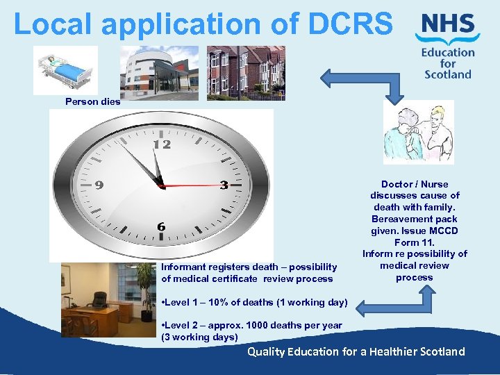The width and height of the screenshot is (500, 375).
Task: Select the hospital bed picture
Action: (x=65, y=70)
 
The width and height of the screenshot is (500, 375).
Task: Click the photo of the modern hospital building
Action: (x=159, y=72)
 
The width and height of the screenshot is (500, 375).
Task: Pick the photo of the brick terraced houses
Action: (x=246, y=72)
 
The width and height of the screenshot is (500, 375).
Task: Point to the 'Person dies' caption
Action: (x=92, y=101)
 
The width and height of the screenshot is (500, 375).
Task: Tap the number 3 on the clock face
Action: (x=224, y=185)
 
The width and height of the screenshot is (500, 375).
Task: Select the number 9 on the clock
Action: (x=99, y=185)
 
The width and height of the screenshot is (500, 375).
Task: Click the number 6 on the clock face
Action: (x=161, y=227)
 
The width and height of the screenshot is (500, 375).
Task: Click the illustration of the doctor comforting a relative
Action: (x=418, y=132)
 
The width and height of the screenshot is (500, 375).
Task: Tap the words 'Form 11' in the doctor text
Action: (x=414, y=242)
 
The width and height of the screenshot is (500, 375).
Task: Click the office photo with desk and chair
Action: (x=108, y=299)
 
